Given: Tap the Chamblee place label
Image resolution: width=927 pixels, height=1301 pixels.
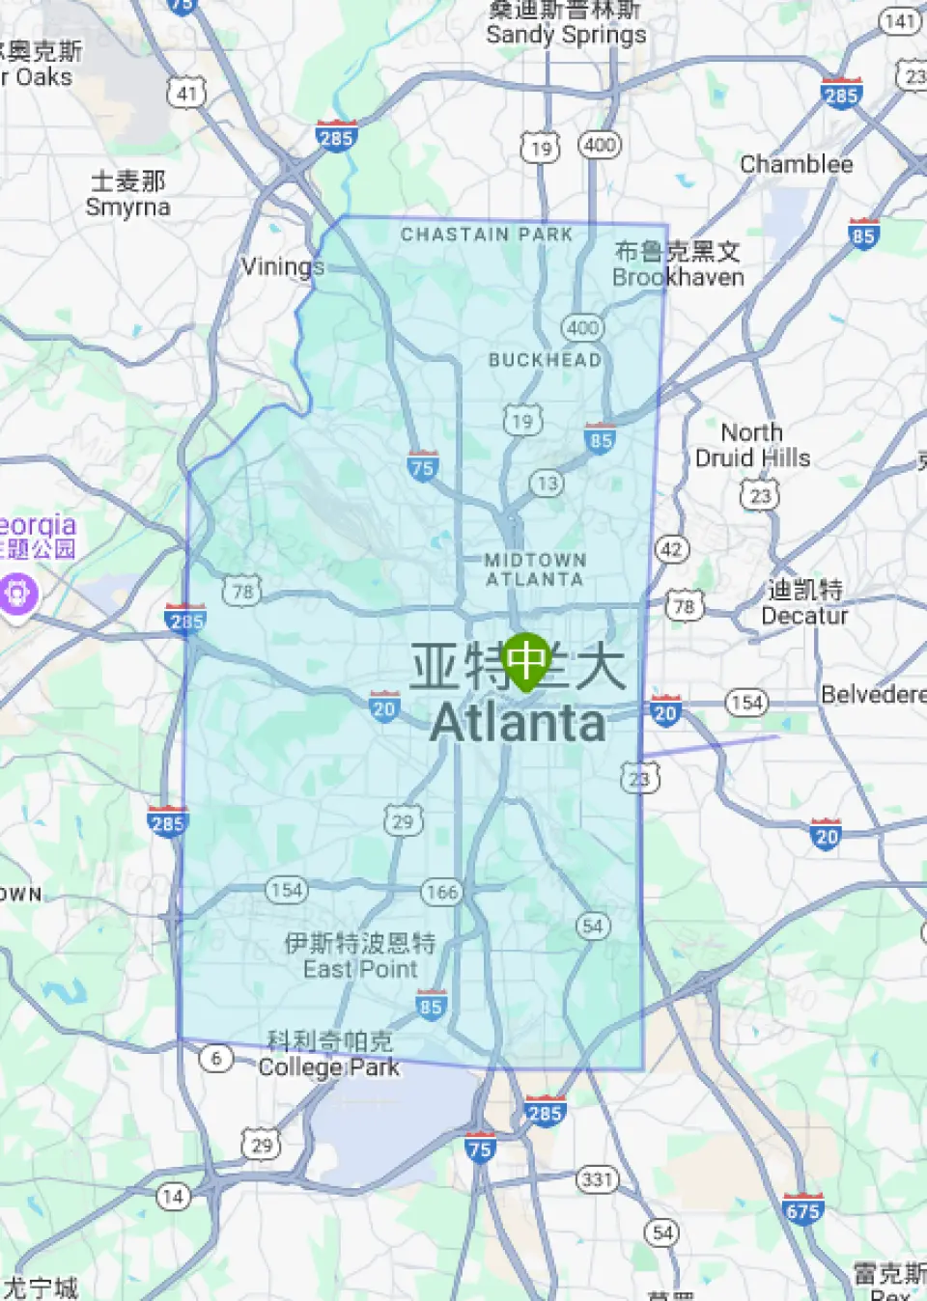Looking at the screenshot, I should click(796, 164).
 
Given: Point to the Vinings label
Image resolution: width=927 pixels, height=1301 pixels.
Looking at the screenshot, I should click(282, 266).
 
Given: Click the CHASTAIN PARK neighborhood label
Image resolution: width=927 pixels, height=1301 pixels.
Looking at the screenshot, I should click(487, 235).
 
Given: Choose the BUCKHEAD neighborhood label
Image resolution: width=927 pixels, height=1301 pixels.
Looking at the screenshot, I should click(545, 360).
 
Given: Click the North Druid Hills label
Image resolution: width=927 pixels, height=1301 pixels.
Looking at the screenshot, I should click(752, 445).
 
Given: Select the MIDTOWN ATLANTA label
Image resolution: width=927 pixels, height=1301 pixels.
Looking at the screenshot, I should click(535, 569).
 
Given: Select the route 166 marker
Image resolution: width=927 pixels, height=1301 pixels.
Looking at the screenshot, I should click(441, 892).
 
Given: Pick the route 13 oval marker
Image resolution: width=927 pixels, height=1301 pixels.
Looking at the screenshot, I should click(548, 484).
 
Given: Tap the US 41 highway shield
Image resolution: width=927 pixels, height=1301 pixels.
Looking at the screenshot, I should click(186, 94).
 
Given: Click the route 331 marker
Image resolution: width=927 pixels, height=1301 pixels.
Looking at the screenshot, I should click(597, 1179).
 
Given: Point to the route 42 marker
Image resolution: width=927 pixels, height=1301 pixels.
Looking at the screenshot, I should click(671, 550).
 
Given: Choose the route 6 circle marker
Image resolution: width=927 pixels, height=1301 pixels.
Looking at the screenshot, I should click(216, 1059).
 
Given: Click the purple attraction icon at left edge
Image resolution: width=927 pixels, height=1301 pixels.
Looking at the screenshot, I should click(19, 594).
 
